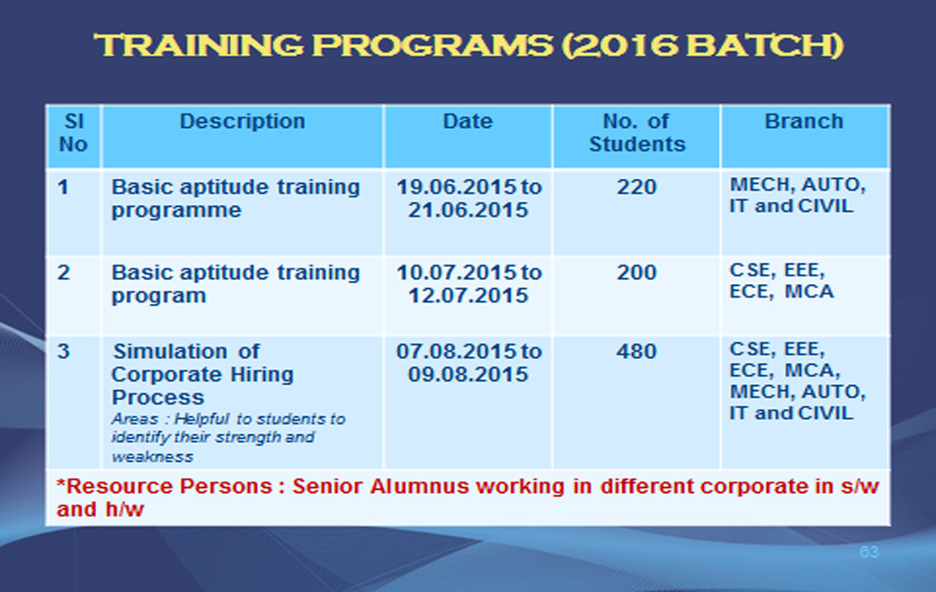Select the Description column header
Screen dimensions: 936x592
click(x=242, y=121)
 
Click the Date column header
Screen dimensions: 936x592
click(x=468, y=121)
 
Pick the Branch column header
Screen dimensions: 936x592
click(x=804, y=121)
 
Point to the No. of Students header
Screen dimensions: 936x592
click(x=637, y=133)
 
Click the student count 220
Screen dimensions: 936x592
click(x=636, y=187)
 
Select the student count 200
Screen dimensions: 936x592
click(x=636, y=272)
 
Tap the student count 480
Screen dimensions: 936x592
click(x=636, y=351)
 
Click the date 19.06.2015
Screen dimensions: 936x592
click(x=457, y=187)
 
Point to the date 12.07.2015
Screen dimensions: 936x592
click(x=468, y=296)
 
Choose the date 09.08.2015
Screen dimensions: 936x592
click(x=468, y=373)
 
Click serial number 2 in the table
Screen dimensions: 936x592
click(x=63, y=272)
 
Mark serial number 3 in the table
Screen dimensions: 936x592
click(x=63, y=351)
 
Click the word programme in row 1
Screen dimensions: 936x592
click(x=176, y=211)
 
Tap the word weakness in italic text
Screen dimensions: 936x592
click(x=152, y=457)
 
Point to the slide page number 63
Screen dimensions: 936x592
click(x=870, y=552)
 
